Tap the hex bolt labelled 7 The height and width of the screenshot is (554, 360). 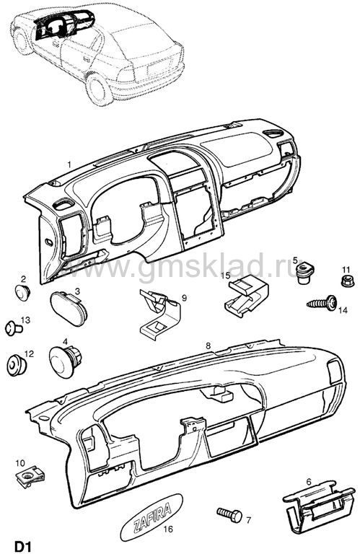(229, 515)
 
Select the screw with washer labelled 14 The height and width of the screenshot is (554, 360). (322, 303)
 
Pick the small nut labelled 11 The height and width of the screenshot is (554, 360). (345, 281)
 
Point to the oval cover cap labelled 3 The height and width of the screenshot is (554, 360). (69, 308)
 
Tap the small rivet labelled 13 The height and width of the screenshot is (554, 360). (14, 329)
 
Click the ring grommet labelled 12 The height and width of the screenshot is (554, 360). (17, 365)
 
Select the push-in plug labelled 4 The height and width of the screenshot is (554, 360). (66, 359)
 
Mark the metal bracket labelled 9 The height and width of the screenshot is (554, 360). (159, 311)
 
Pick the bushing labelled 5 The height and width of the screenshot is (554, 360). (304, 273)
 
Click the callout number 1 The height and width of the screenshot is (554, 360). (69, 164)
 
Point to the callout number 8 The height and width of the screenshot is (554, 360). (208, 346)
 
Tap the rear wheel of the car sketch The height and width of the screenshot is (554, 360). (97, 88)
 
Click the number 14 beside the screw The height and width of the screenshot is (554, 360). (343, 311)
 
